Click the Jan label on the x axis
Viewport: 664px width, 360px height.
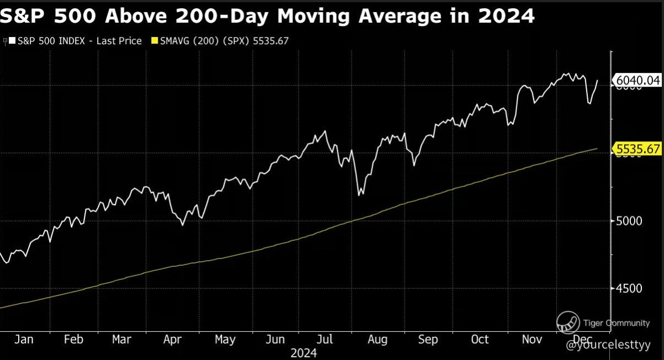click(x=24, y=339)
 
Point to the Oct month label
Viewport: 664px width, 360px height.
click(x=480, y=339)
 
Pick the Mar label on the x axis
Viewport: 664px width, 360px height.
click(x=122, y=339)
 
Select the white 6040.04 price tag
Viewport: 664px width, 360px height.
click(x=638, y=81)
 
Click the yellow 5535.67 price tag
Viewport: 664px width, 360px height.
click(x=638, y=149)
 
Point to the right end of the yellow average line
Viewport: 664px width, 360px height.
click(x=597, y=148)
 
